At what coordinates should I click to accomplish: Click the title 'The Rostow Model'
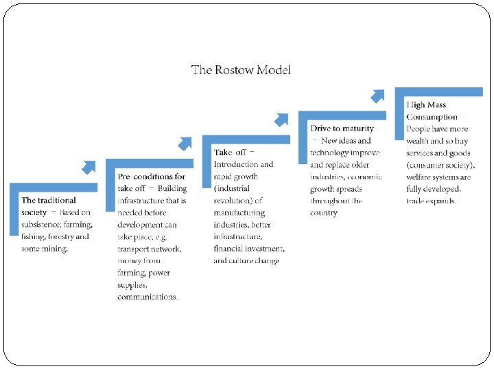[x=241, y=70]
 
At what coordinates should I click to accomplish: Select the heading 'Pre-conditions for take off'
[x=151, y=182]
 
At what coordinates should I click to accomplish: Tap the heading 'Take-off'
[x=230, y=152]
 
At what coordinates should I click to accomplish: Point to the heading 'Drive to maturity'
[x=342, y=128]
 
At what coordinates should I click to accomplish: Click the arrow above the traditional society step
[x=89, y=166]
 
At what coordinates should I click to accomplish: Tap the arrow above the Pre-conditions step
[x=185, y=143]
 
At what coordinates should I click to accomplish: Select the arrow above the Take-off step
[x=281, y=120]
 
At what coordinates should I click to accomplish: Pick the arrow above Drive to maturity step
[x=378, y=95]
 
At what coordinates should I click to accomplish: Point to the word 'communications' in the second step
[x=148, y=297]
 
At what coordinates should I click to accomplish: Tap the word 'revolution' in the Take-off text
[x=233, y=201]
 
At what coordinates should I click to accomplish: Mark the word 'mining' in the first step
[x=56, y=249]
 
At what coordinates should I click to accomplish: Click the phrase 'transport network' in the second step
[x=150, y=249]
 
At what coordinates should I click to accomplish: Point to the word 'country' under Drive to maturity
[x=324, y=213]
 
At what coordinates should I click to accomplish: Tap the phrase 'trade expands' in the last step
[x=431, y=201]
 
